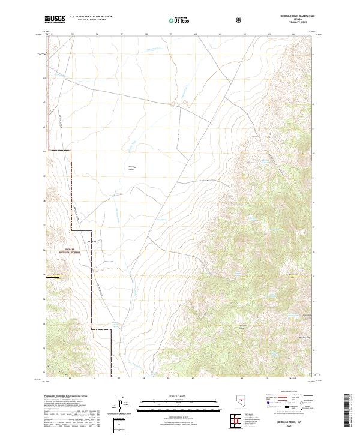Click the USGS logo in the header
coord(55,20)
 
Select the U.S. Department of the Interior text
coord(91,17)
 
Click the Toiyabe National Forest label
coord(70,252)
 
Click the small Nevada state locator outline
coord(243,403)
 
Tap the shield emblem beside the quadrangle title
coord(239,20)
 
